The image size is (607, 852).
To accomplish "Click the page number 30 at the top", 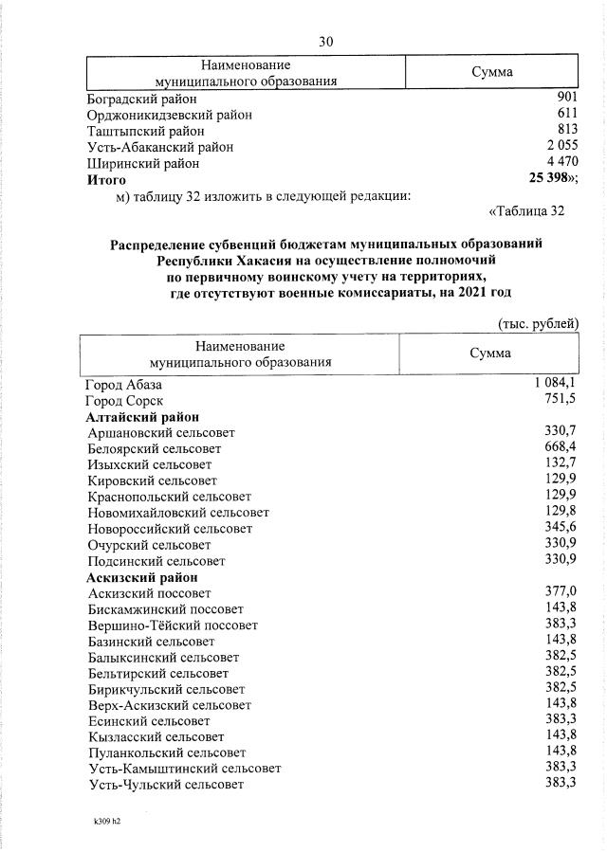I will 325,41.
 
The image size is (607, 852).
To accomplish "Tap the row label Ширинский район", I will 143,163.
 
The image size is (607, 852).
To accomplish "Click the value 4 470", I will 561,162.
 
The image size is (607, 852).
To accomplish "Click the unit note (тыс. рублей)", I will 538,324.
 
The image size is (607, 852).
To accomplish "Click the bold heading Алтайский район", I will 142,417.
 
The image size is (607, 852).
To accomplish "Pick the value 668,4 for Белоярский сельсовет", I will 559,447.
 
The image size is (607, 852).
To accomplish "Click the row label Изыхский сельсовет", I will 149,464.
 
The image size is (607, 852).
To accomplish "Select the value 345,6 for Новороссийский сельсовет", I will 559,527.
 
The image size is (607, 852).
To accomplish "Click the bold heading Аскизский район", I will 142,576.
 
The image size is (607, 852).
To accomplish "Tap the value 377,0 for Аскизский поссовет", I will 559,591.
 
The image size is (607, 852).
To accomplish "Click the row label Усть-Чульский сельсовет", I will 165,785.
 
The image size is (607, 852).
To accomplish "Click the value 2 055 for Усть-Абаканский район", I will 561,146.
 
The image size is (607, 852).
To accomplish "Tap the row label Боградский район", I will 142,99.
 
